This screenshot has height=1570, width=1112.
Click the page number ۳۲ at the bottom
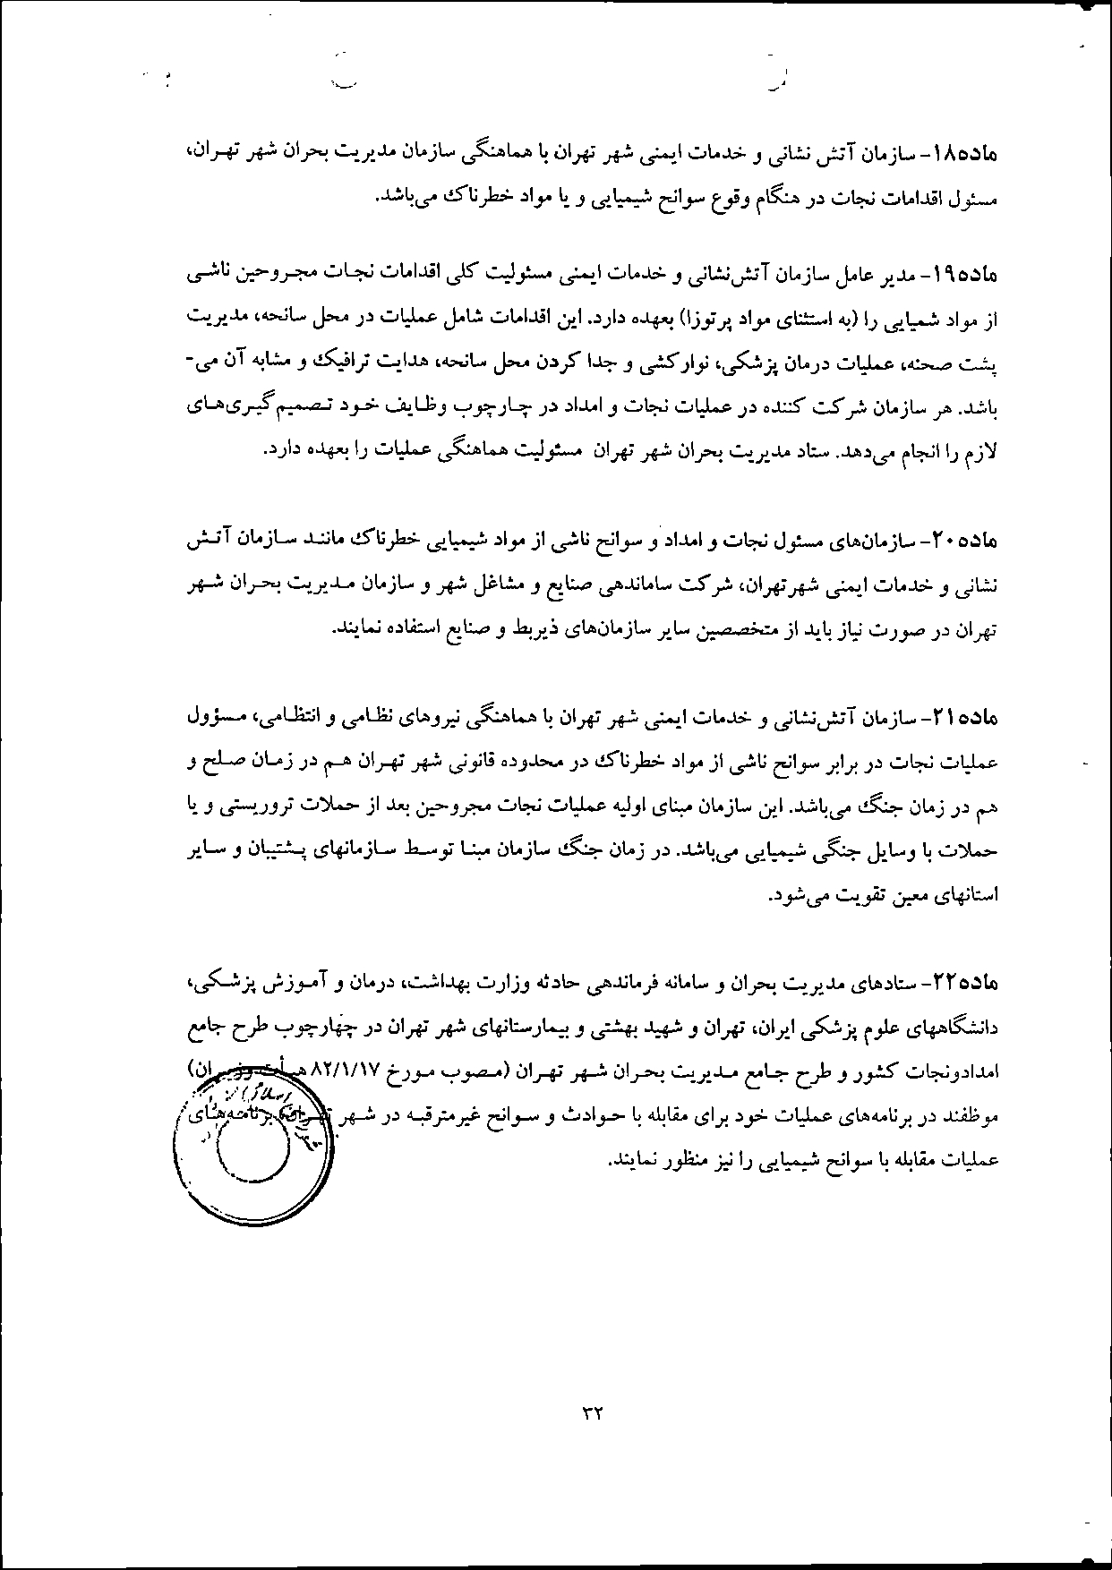(593, 1414)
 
